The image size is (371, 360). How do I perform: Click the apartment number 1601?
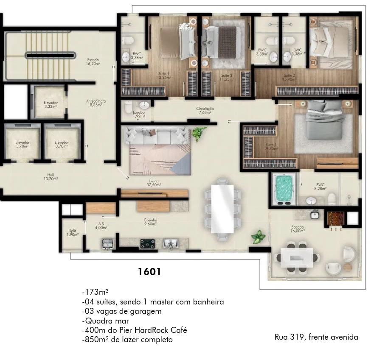pos(149,272)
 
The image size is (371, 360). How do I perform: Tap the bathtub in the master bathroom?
pos(283,188)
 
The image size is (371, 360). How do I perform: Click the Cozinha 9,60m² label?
pos(150,222)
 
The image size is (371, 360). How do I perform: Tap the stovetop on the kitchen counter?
pos(147,243)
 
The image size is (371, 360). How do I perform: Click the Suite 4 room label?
pos(163,76)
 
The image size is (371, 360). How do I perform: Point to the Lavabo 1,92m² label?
pos(139,114)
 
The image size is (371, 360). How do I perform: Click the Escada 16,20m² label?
pos(93,61)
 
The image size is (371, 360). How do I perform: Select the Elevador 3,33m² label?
pos(51,105)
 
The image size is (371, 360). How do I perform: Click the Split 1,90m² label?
pos(73,233)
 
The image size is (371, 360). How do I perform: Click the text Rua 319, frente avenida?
pos(316,337)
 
